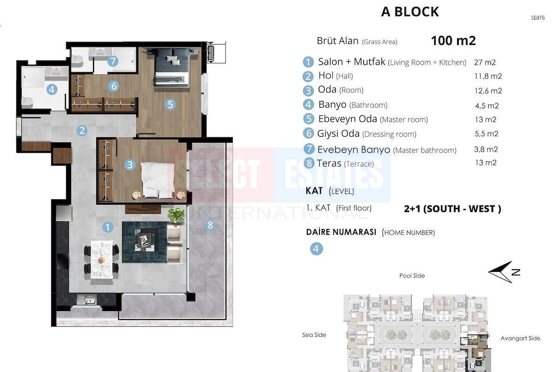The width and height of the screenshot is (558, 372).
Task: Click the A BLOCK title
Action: (410, 12)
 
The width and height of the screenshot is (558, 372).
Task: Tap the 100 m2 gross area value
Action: (453, 40)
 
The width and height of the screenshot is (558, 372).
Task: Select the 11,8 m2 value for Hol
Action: (488, 76)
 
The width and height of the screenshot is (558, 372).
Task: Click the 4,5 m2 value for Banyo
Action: (487, 106)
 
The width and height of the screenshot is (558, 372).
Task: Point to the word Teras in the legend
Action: (329, 163)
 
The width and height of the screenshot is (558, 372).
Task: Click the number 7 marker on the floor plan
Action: (113, 61)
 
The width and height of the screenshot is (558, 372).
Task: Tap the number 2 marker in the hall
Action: (82, 130)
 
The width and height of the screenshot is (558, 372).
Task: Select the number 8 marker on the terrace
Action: (210, 225)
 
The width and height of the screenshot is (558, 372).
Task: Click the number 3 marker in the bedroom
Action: (130, 165)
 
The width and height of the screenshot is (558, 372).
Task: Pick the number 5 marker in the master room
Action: (170, 105)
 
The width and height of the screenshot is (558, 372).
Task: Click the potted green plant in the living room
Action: (176, 215)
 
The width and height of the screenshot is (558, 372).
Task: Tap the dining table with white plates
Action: (101, 259)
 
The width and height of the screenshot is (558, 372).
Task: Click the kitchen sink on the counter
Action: (86, 300)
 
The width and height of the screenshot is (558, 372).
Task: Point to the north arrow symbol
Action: (504, 272)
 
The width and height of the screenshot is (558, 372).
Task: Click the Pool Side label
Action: (412, 276)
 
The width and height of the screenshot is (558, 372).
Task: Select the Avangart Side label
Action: (520, 338)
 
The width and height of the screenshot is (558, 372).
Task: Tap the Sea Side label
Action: (314, 335)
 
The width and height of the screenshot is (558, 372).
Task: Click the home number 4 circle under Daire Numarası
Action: (316, 249)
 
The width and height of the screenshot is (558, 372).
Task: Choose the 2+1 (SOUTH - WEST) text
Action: (452, 209)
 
